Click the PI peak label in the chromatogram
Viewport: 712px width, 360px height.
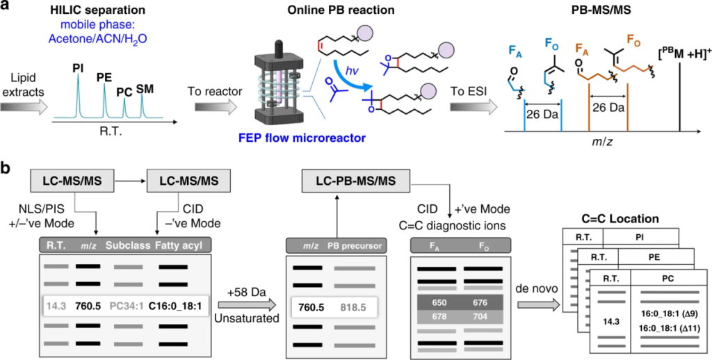coord(77,69)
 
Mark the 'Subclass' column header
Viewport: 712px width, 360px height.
coord(127,244)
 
